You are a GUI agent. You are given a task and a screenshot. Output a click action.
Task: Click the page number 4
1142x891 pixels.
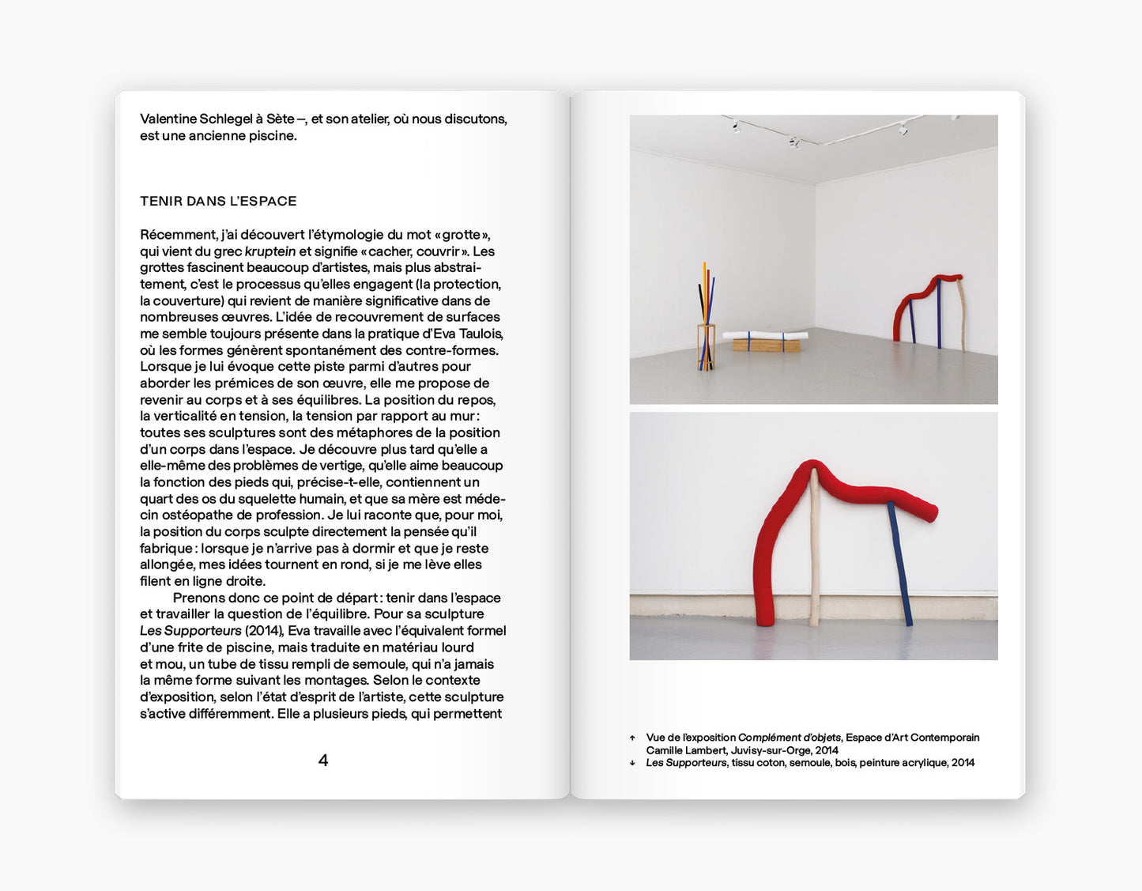click(x=322, y=761)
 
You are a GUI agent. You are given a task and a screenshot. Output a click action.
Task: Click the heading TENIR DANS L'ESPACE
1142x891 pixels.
click(x=218, y=202)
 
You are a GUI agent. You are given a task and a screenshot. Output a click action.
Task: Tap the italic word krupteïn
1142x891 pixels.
click(x=270, y=251)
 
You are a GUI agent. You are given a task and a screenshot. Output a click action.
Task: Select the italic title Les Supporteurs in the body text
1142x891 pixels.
click(x=190, y=631)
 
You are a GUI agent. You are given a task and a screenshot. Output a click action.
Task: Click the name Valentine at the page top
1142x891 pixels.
click(x=168, y=119)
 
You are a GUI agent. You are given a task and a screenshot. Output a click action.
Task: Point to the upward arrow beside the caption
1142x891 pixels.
click(x=632, y=738)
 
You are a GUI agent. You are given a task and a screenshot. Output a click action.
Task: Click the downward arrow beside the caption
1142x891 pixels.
click(x=632, y=763)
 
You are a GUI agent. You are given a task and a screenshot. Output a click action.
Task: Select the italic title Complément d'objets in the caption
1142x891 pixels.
click(x=789, y=738)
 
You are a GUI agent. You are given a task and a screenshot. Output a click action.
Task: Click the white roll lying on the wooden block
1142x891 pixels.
click(x=765, y=336)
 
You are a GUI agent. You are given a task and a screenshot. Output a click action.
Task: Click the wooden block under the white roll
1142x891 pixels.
click(x=765, y=345)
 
